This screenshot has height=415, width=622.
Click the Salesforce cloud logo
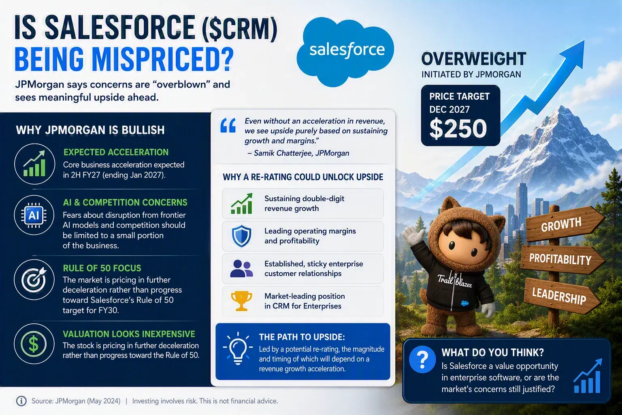point(345,52)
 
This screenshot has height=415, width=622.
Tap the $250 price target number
point(458,128)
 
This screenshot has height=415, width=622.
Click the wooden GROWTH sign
point(564,224)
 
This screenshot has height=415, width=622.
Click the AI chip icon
point(34,215)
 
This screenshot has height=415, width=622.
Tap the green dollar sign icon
point(34,344)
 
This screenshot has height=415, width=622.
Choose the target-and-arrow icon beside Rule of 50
point(34,280)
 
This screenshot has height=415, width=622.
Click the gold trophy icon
point(241,301)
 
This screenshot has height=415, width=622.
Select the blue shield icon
point(241,236)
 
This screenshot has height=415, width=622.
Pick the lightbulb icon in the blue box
point(238,348)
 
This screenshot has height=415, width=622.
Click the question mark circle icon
point(422,359)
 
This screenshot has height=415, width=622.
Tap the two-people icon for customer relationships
point(241,269)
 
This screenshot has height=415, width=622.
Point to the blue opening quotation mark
point(228,125)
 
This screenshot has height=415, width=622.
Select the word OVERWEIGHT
point(474,59)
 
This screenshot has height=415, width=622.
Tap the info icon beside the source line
point(21,401)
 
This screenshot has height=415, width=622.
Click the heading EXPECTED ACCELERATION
point(116,152)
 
